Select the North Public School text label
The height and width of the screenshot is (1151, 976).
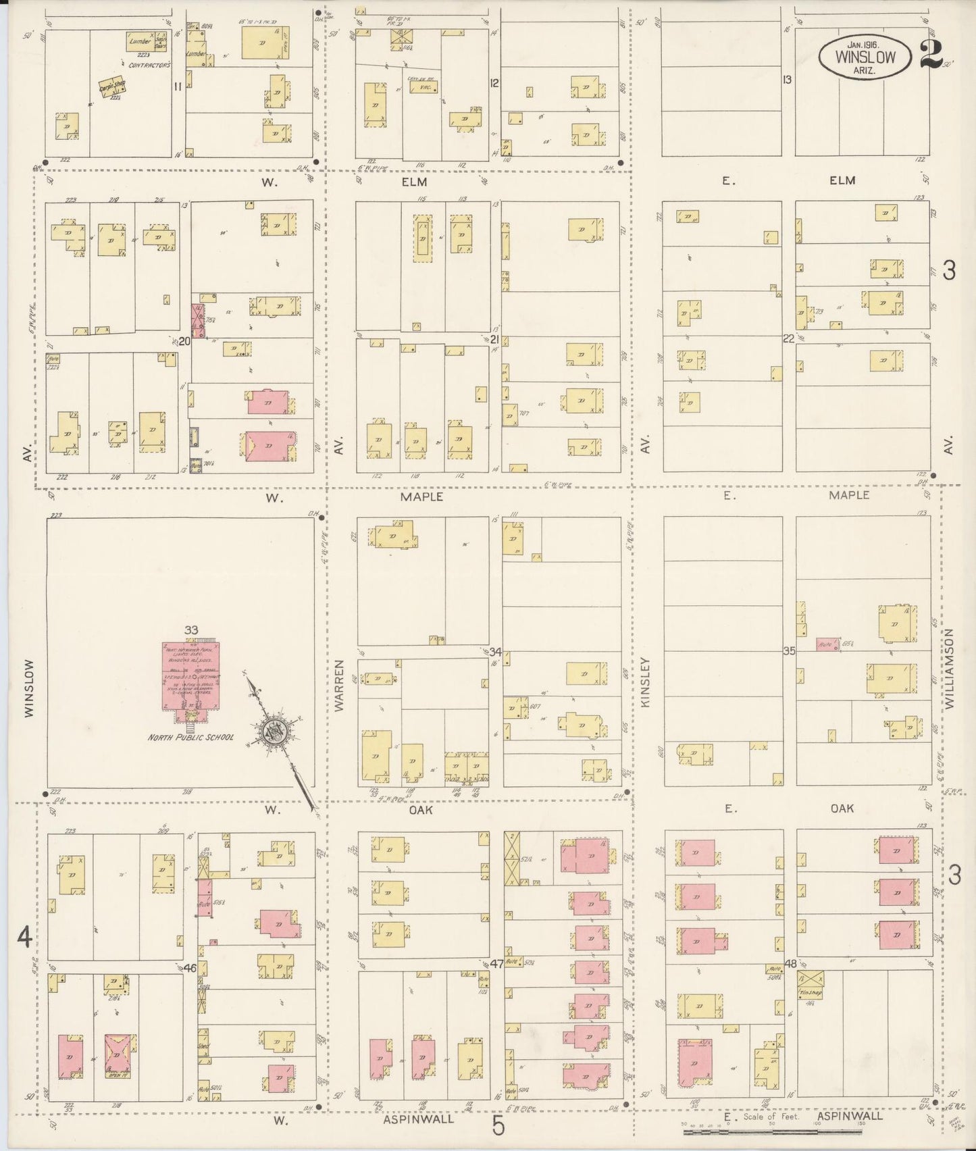tap(191, 737)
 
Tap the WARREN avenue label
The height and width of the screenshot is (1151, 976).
tap(340, 686)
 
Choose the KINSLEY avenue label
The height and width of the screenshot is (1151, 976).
tap(646, 682)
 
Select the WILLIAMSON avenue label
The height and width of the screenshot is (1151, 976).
tap(950, 668)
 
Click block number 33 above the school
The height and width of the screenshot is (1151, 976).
tap(191, 630)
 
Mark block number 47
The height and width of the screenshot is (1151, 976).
tap(496, 964)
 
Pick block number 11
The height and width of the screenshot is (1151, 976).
tap(178, 86)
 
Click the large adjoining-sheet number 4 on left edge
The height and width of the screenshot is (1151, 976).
tap(25, 938)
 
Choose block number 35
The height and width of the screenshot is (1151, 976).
tap(789, 651)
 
